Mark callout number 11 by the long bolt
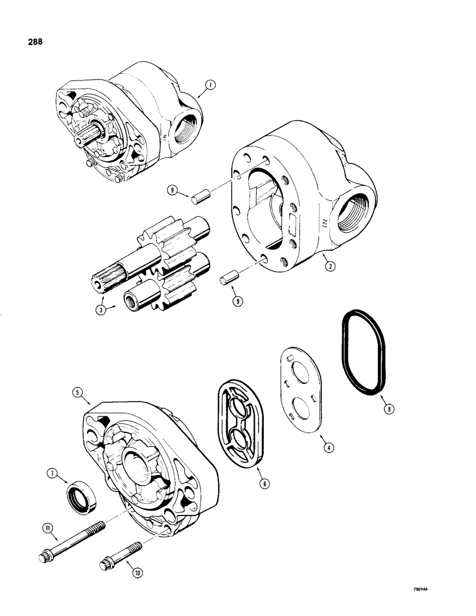click(x=48, y=526)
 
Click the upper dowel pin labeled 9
click(x=199, y=198)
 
